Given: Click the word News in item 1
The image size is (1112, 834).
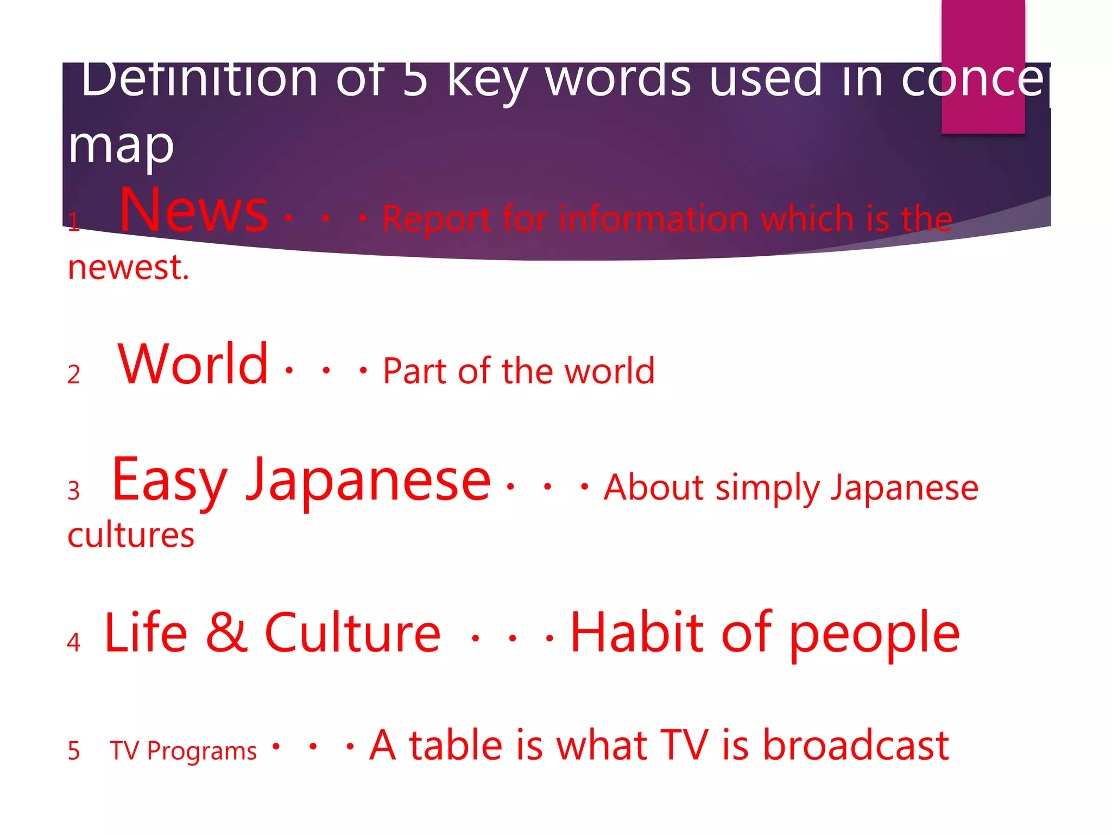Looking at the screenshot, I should pos(193,210).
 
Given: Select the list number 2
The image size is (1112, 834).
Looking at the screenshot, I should pos(74,375).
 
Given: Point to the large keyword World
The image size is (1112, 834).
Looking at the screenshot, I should pos(193,364).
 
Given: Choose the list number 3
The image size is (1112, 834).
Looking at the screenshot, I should pos(74,491).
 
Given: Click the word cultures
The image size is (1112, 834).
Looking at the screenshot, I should pos(131,535).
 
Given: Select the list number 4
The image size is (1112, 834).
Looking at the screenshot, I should pos(74,642).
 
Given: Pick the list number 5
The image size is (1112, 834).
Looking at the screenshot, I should pos(74,751).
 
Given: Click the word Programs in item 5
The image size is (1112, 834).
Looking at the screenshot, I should pos(201,752).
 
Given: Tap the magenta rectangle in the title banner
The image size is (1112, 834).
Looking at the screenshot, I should pos(983,65).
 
